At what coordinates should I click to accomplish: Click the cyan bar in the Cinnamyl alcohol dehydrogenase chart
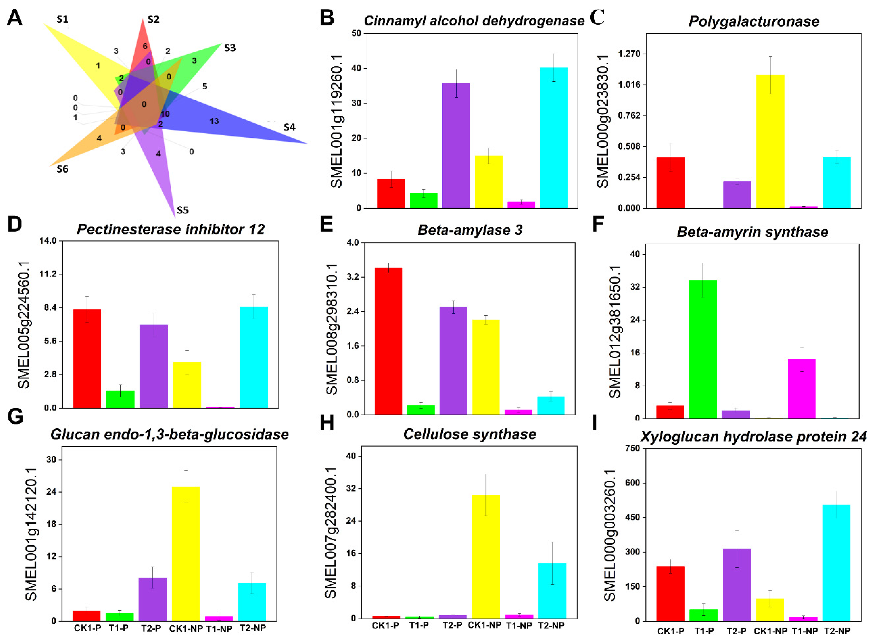[x=554, y=138]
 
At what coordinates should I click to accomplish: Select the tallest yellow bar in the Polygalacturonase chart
[x=770, y=141]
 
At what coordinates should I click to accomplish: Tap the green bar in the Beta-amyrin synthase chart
[x=703, y=349]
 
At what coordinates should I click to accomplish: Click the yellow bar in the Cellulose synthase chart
[x=486, y=557]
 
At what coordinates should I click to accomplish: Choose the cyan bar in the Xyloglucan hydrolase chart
[x=836, y=563]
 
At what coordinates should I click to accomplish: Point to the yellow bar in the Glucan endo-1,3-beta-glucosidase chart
[x=186, y=554]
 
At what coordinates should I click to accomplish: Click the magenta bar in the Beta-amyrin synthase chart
[x=801, y=389]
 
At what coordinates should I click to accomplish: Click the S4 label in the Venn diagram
[x=289, y=127]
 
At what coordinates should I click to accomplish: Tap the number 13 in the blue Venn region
[x=214, y=121]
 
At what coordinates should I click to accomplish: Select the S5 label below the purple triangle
[x=182, y=210]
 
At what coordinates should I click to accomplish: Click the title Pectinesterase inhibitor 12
[x=171, y=229]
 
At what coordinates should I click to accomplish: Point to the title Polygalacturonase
[x=754, y=21]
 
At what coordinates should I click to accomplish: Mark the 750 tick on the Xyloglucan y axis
[x=632, y=448]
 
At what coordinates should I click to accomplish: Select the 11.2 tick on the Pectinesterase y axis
[x=48, y=274]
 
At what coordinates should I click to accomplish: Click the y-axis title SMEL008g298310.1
[x=332, y=329]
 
